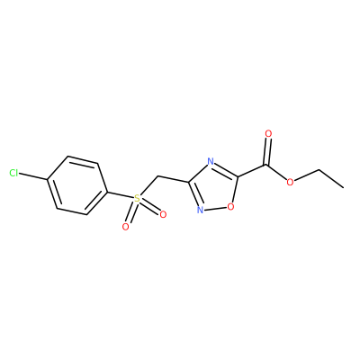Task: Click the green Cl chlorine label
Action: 13,173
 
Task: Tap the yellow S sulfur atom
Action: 137,198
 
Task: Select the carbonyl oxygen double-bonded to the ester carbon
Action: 268,134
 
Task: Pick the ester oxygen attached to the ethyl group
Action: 290,182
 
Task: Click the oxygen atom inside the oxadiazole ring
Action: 230,206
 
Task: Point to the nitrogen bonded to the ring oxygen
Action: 200,210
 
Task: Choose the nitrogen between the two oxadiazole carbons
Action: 211,162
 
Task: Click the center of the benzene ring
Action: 77,185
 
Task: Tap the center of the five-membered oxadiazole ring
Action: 214,187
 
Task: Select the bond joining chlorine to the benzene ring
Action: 33,176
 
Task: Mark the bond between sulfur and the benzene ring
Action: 120,194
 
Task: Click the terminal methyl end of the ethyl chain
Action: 343,188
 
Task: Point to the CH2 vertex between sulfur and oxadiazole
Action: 157,176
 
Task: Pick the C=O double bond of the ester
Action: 266,151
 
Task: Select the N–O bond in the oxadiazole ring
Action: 215,208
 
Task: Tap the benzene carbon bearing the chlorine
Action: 48,180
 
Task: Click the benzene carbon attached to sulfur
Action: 107,191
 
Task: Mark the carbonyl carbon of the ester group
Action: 265,165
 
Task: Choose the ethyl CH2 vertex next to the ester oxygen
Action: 319,170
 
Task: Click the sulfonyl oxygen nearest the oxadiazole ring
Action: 163,214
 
